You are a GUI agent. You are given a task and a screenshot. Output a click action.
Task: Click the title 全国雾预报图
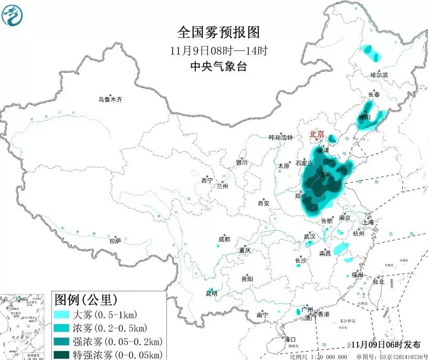(218, 33)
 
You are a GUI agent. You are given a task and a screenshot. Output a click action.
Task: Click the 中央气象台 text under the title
(218, 67)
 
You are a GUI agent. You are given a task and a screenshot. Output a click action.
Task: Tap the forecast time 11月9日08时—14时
(218, 51)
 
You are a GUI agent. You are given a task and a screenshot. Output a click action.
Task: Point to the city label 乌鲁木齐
(110, 99)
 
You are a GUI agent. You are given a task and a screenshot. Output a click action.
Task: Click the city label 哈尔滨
(379, 75)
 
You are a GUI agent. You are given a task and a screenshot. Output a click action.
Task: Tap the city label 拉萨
(115, 241)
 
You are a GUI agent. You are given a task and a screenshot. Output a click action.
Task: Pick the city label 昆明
(211, 293)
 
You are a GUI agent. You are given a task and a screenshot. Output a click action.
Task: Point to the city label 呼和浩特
(281, 138)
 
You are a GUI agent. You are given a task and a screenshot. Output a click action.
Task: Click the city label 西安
(263, 203)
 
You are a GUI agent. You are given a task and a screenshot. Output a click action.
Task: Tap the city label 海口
(290, 339)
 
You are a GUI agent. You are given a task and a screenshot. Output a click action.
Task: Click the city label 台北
(378, 282)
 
